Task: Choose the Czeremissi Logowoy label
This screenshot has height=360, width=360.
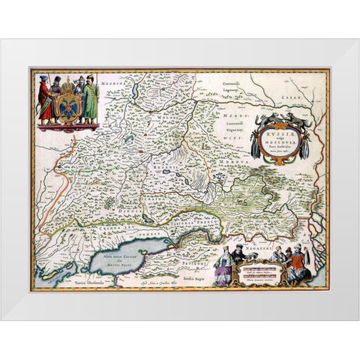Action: [238, 80]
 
